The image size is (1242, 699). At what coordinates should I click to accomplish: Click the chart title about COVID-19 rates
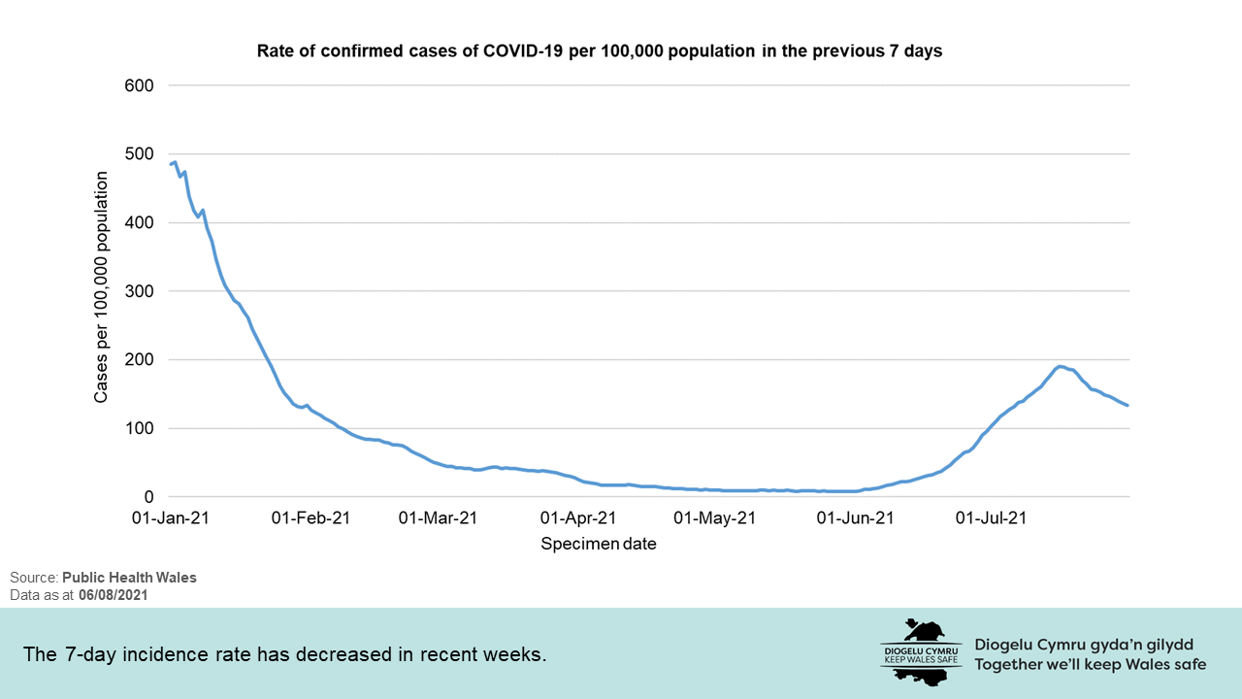pyautogui.click(x=599, y=51)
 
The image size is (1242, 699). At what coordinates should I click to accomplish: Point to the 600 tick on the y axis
pyautogui.click(x=140, y=85)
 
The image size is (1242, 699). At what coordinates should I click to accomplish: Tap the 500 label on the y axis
pyautogui.click(x=140, y=154)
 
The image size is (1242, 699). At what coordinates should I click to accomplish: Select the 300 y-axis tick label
pyautogui.click(x=140, y=291)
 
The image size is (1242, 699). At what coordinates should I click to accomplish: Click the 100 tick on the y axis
pyautogui.click(x=140, y=428)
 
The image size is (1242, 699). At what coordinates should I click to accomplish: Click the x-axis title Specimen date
pyautogui.click(x=599, y=544)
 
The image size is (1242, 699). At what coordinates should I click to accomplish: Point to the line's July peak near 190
pyautogui.click(x=1061, y=366)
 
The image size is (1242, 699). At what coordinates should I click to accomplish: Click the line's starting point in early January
pyautogui.click(x=172, y=164)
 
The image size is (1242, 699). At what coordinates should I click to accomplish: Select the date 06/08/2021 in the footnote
pyautogui.click(x=114, y=594)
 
